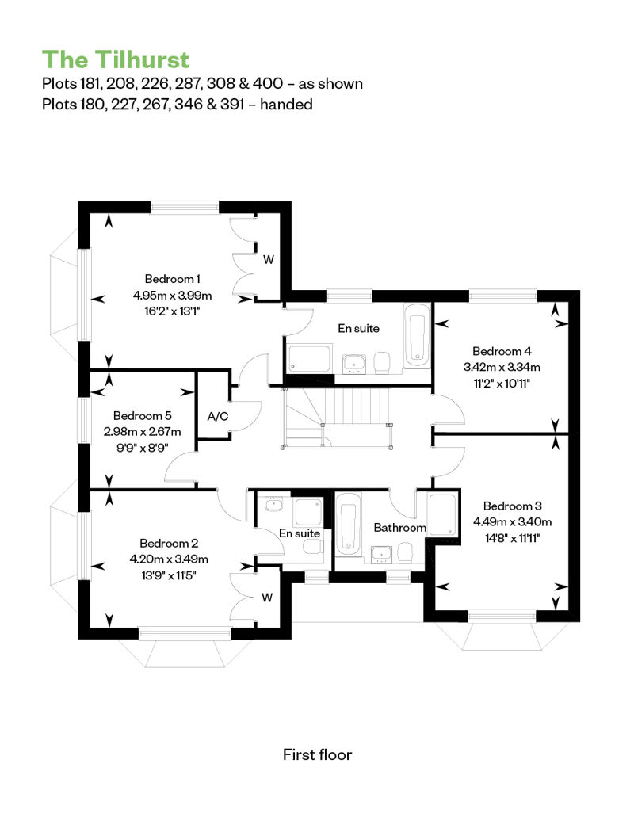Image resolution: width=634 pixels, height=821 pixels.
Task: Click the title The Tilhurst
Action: pyautogui.click(x=115, y=59)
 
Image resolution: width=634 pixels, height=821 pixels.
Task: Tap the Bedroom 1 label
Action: pyautogui.click(x=172, y=279)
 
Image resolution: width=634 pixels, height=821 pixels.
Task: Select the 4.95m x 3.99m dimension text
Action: pyautogui.click(x=172, y=296)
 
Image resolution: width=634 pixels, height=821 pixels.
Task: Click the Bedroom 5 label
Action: pyautogui.click(x=142, y=416)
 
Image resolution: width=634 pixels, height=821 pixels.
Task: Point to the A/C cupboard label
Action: pyautogui.click(x=218, y=416)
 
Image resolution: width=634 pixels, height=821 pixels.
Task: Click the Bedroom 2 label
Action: pyautogui.click(x=169, y=543)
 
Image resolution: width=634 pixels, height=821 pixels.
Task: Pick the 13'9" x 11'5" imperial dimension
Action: pyautogui.click(x=169, y=575)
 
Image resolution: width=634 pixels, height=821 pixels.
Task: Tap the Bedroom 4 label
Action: pyautogui.click(x=502, y=351)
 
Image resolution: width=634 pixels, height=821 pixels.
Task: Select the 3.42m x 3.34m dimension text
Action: pyautogui.click(x=502, y=367)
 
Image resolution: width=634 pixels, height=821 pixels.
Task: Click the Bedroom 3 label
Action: pyautogui.click(x=512, y=506)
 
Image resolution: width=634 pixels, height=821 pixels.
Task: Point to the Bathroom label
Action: pyautogui.click(x=399, y=527)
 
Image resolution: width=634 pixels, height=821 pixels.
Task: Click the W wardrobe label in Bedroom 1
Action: pyautogui.click(x=269, y=259)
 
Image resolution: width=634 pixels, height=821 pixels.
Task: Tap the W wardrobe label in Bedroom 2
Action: pyautogui.click(x=267, y=598)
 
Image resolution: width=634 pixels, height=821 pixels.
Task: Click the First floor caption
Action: pyautogui.click(x=317, y=754)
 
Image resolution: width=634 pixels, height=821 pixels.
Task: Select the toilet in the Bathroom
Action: pyautogui.click(x=405, y=553)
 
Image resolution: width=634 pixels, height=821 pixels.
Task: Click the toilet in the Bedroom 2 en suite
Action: pyautogui.click(x=313, y=547)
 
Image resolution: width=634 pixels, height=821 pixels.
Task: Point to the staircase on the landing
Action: pyautogui.click(x=338, y=418)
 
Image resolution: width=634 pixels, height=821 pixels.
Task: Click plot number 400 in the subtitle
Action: pyautogui.click(x=268, y=83)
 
